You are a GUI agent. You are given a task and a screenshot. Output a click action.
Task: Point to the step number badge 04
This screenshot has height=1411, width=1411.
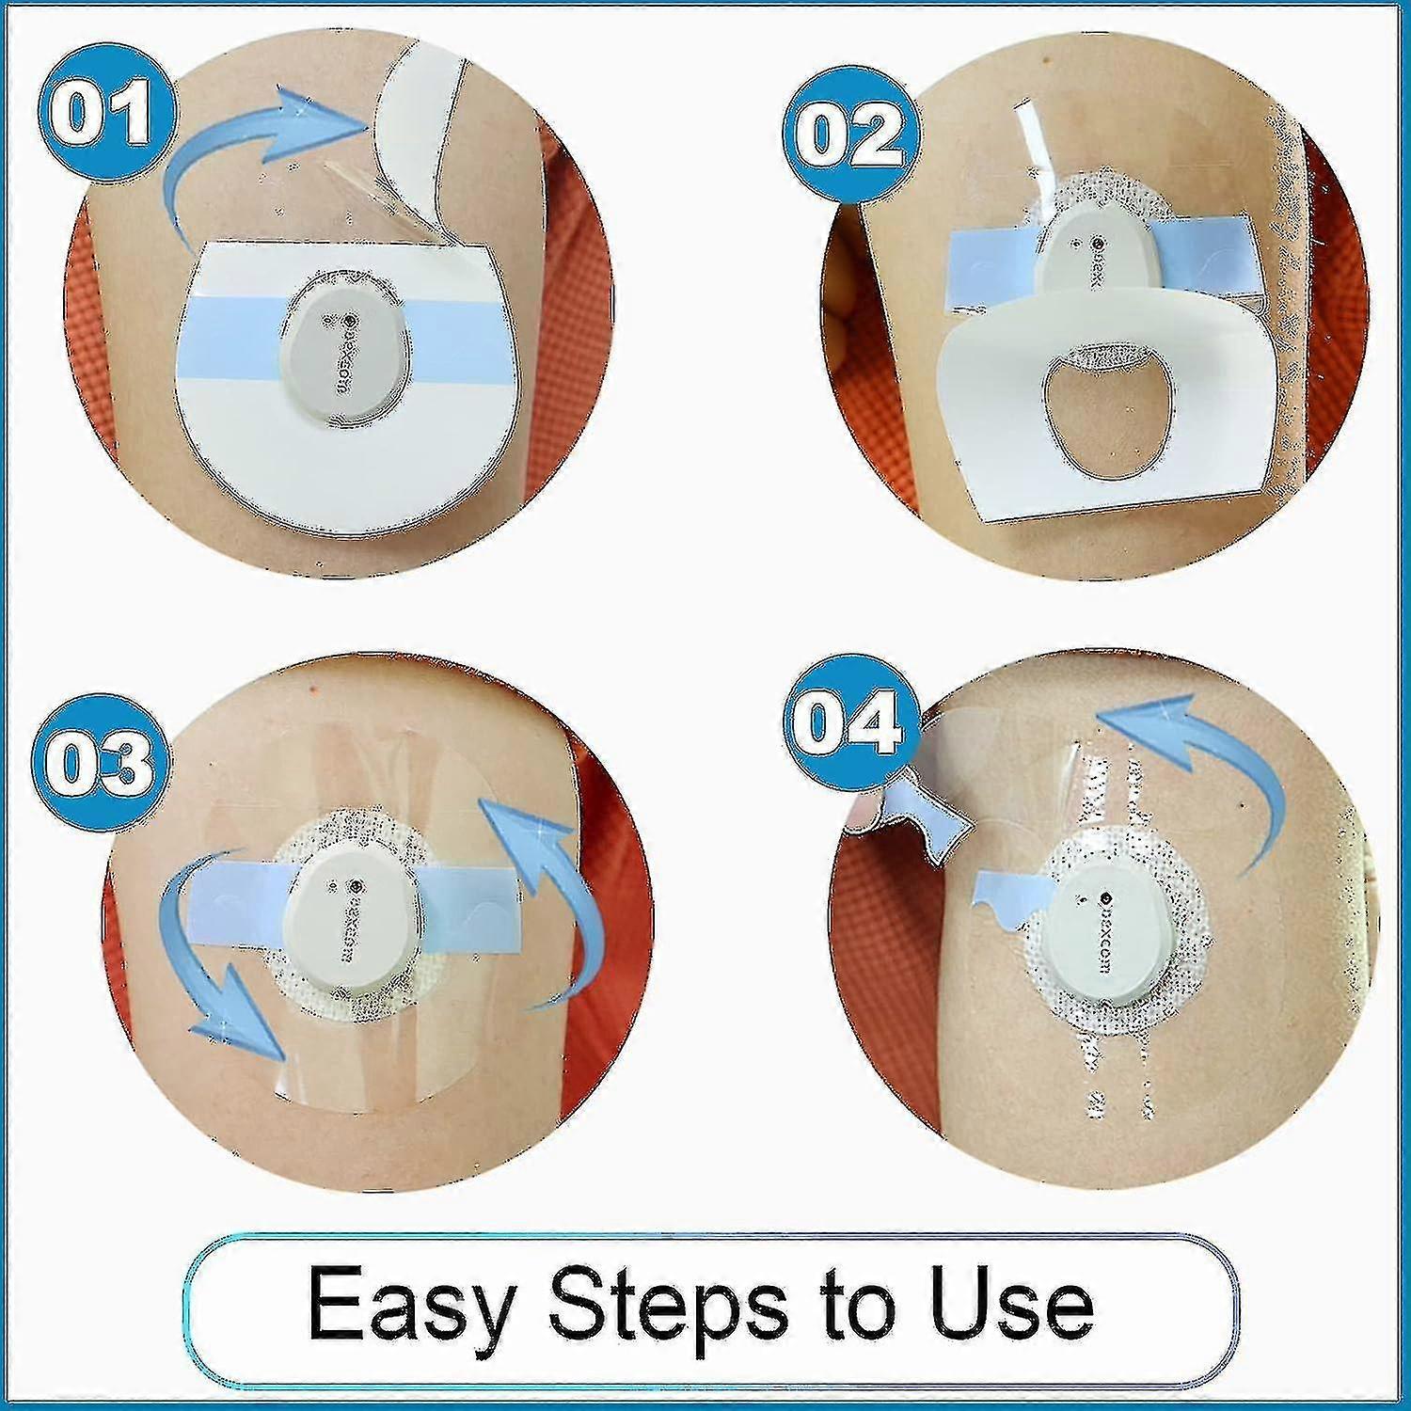[844, 719]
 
